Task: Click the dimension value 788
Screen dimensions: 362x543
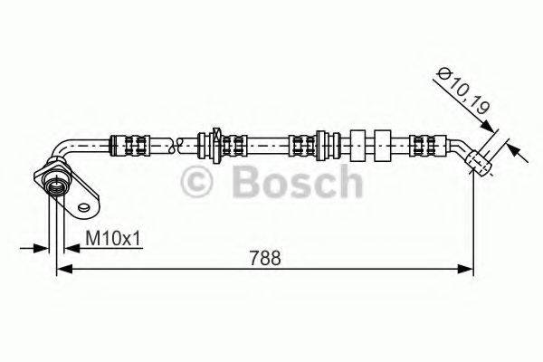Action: tap(263, 257)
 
